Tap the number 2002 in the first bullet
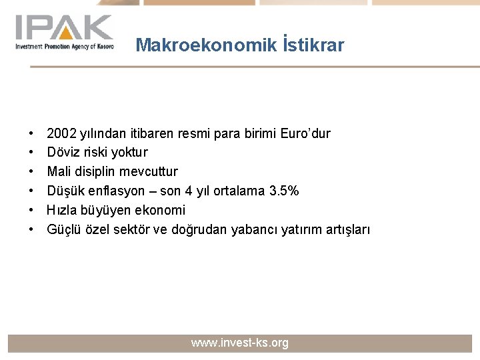[x=61, y=133]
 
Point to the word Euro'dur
[x=306, y=133]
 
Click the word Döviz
[x=62, y=153]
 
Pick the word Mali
[x=58, y=172]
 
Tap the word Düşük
[x=64, y=191]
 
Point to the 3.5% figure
[x=284, y=191]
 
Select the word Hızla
[x=61, y=211]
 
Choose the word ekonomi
[x=159, y=211]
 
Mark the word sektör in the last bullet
[x=140, y=230]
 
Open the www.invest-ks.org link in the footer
[x=240, y=343]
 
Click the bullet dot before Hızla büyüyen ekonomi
[x=31, y=211]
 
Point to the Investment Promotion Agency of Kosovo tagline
[x=65, y=46]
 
